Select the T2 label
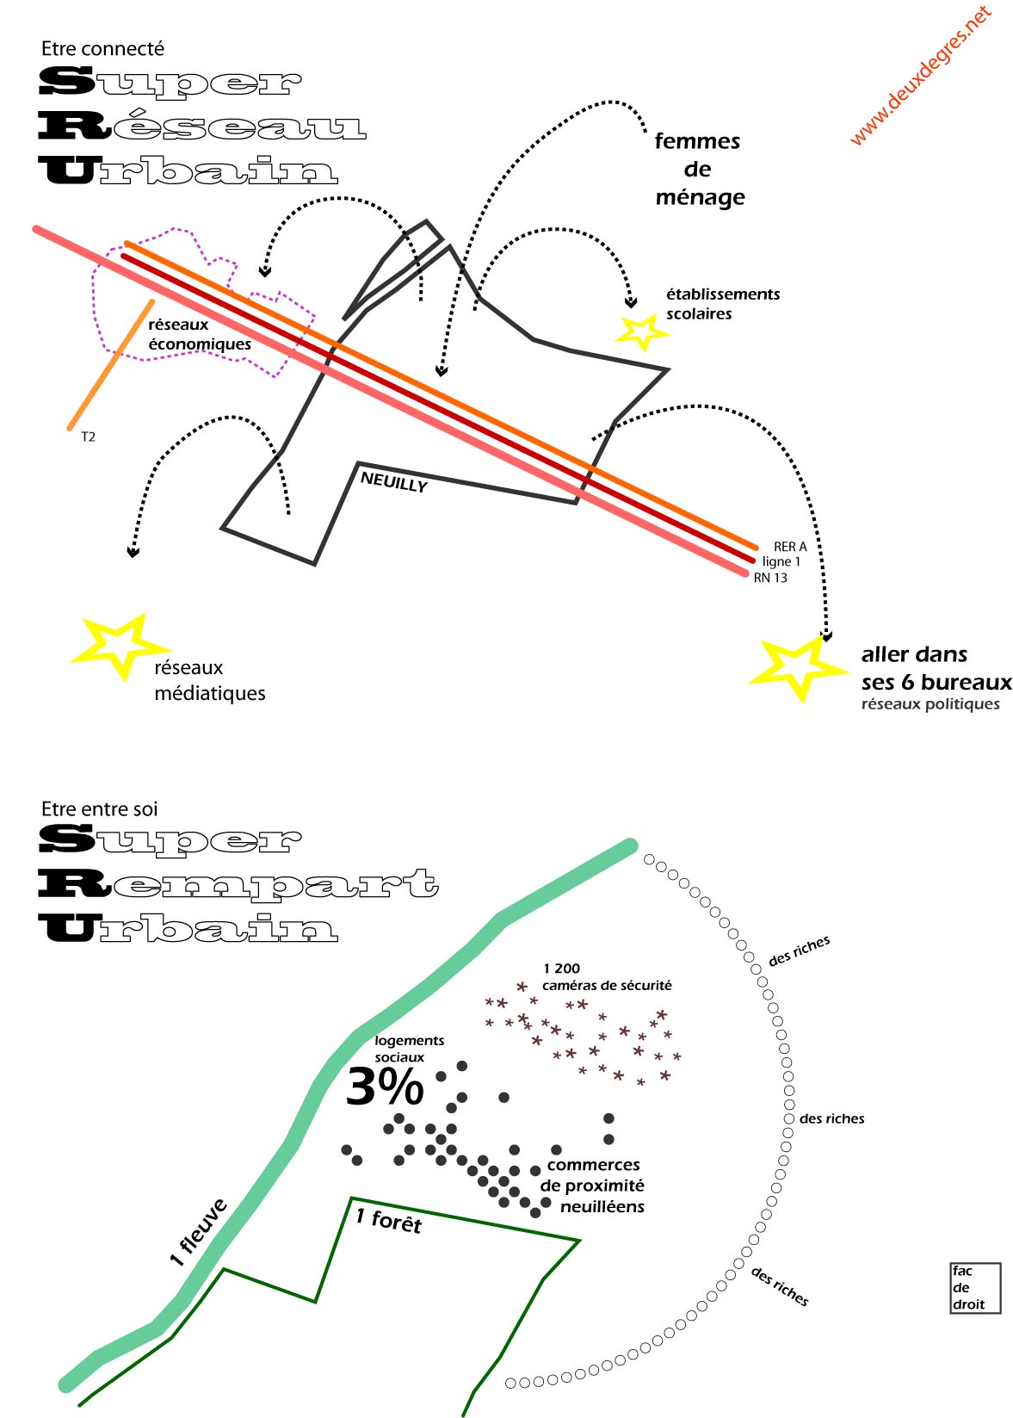coord(88,437)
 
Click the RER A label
coord(789,547)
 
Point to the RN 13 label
coord(770,578)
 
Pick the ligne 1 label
coord(781,561)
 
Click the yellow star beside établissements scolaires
coord(641,331)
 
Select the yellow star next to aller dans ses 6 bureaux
coord(796,666)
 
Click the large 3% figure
coord(385,1087)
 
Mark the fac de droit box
coord(975,1288)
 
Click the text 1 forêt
coord(388,1220)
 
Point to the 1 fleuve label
coord(199,1232)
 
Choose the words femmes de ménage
coord(698,170)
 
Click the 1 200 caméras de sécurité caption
coord(606,977)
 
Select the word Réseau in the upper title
coord(203,127)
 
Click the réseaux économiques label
coord(199,334)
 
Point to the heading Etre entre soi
coord(99,809)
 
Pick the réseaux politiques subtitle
coord(930,704)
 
